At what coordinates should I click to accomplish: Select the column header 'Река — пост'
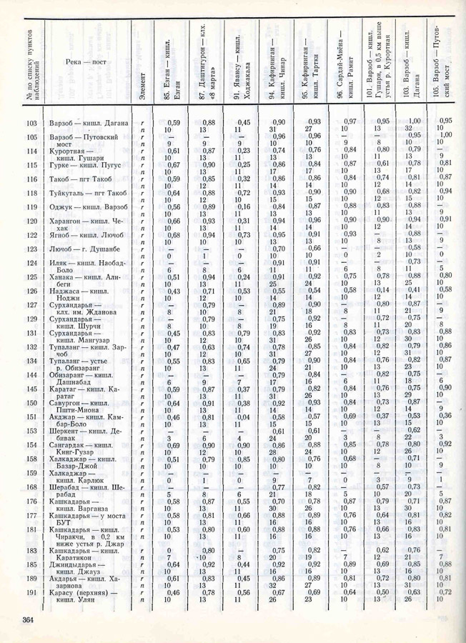89,62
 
